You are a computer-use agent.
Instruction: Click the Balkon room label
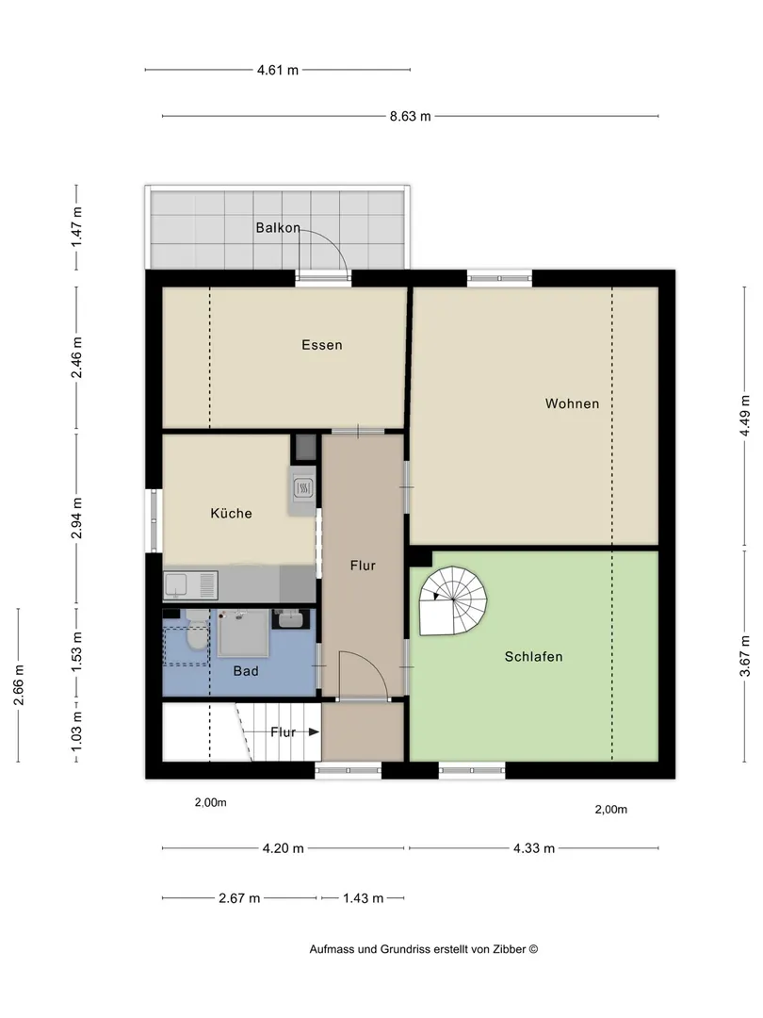coord(278,228)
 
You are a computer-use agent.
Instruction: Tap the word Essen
coord(322,345)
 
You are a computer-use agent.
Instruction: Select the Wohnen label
coord(573,403)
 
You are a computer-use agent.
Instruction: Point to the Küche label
coord(231,513)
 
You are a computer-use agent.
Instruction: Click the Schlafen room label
coord(533,656)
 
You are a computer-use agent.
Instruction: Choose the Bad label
coord(246,671)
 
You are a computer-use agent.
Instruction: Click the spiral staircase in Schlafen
coord(453,599)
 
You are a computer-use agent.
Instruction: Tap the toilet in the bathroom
coord(195,631)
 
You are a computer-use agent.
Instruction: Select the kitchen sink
coord(190,585)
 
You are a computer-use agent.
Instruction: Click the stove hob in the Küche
coord(303,487)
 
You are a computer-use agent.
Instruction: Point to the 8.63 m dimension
coord(410,117)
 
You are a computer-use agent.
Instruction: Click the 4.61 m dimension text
coord(278,70)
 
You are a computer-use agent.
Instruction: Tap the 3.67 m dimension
coord(745,656)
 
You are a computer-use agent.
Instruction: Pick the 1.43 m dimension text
coord(364,898)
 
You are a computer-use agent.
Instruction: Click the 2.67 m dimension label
coord(238,898)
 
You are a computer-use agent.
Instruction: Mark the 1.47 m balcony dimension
coord(76,226)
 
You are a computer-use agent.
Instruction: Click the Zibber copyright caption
coord(424,949)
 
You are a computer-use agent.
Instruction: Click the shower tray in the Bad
coord(242,633)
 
